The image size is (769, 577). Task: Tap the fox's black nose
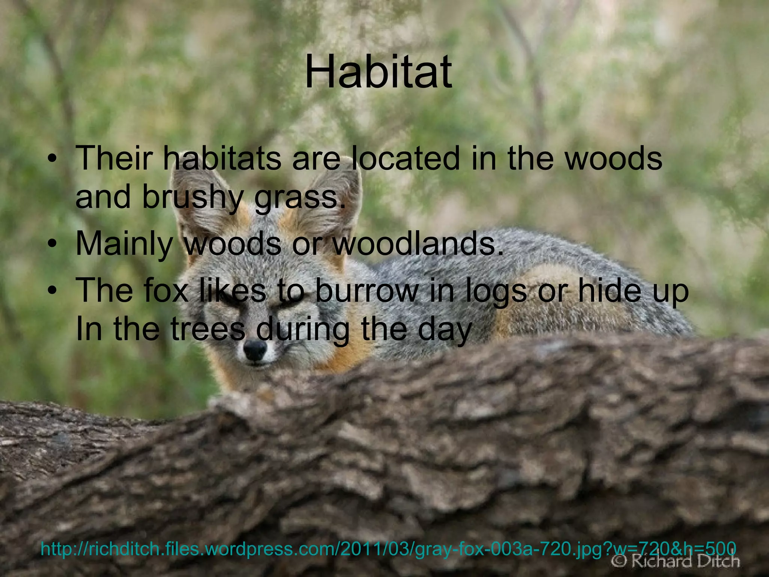[255, 349]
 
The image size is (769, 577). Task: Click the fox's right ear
[330, 195]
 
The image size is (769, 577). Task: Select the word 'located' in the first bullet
[406, 158]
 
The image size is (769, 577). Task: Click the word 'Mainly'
[124, 244]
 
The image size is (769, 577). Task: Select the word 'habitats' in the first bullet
[222, 158]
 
